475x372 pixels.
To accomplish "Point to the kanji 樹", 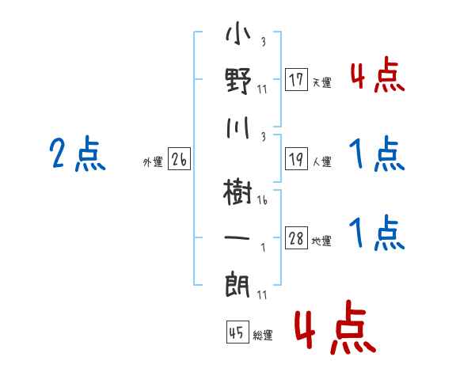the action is pyautogui.click(x=238, y=192).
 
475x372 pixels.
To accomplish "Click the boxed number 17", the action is pyautogui.click(x=296, y=80).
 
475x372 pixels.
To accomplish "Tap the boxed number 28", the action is pyautogui.click(x=296, y=239).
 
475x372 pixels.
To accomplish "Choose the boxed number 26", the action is pyautogui.click(x=179, y=160).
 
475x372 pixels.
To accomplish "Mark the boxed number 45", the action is pyautogui.click(x=237, y=333).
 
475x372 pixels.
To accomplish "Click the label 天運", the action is pyautogui.click(x=322, y=82).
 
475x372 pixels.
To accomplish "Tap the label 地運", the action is pyautogui.click(x=322, y=241).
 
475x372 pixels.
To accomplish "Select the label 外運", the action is pyautogui.click(x=153, y=162).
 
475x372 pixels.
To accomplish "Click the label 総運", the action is pyautogui.click(x=262, y=336).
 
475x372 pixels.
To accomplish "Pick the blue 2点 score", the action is pyautogui.click(x=77, y=154).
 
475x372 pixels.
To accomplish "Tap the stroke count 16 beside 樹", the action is pyautogui.click(x=262, y=201).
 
